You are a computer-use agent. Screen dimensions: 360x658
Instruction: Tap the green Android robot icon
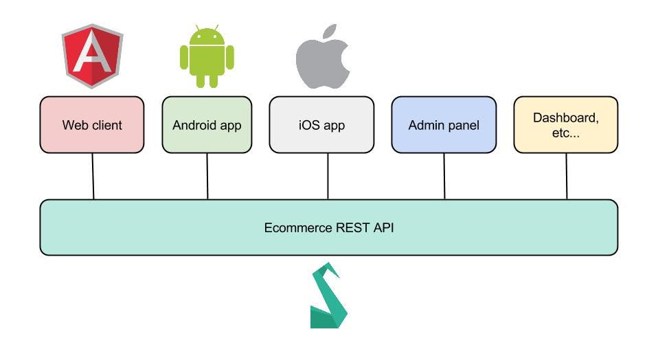click(207, 57)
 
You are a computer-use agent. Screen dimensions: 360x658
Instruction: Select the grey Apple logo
click(323, 58)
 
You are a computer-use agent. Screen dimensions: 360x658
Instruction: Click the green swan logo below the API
click(328, 296)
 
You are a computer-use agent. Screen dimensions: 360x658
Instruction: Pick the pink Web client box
click(92, 124)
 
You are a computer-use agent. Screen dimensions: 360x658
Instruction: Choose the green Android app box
click(207, 124)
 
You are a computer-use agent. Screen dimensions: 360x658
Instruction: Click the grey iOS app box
click(321, 124)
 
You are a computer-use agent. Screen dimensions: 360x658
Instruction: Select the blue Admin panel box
click(443, 124)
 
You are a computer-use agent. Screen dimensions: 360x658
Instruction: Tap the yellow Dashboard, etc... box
click(565, 124)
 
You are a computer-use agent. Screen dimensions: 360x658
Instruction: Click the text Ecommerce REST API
click(328, 227)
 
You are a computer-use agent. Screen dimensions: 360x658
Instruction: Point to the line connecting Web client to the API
click(93, 176)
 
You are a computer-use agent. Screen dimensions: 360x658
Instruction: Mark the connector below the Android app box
click(207, 176)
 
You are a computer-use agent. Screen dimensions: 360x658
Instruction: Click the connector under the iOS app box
click(328, 176)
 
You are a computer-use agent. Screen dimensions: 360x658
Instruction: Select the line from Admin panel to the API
click(444, 176)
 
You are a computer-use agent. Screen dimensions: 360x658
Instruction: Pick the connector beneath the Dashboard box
click(567, 176)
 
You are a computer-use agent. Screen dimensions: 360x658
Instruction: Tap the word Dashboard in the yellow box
click(565, 117)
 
